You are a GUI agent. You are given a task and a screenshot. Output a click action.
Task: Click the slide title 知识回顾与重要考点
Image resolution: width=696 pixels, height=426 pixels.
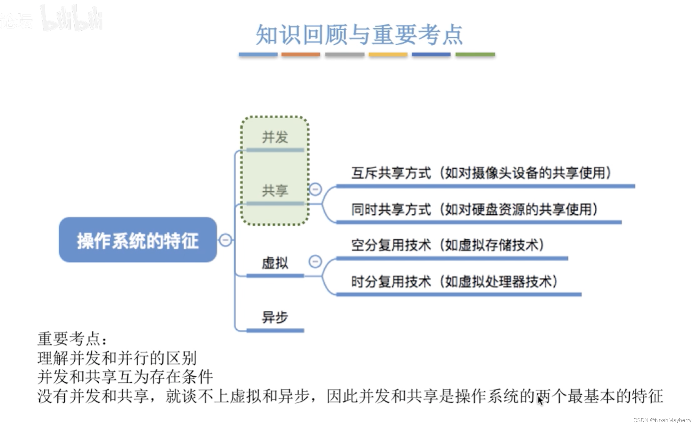(x=359, y=35)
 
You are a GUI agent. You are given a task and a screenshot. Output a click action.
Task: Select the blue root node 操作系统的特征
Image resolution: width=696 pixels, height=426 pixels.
(x=138, y=240)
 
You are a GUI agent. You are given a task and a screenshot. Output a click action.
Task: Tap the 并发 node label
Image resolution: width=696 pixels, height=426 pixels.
(x=275, y=137)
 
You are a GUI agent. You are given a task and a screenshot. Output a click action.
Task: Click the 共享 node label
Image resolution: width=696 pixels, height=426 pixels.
(x=275, y=190)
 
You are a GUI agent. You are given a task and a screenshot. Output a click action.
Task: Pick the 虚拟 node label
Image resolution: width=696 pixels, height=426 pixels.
(x=275, y=263)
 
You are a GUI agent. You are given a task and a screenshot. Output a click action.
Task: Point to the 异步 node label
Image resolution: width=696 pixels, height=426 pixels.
(x=275, y=317)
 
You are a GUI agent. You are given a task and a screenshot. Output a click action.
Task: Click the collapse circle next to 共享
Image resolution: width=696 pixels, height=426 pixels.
(x=315, y=189)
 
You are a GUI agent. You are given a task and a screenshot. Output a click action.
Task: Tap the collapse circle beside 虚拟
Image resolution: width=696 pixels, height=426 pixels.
(x=315, y=262)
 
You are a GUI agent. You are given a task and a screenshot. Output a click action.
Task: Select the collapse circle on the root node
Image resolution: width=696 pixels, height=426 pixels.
(x=225, y=240)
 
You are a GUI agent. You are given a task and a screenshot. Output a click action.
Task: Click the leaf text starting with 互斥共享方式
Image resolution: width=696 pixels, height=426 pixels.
(x=481, y=173)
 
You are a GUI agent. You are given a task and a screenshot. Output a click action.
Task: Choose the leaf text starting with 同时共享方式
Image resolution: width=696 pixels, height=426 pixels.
(x=474, y=209)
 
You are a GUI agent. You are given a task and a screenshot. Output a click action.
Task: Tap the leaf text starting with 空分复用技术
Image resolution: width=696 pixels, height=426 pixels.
(x=448, y=245)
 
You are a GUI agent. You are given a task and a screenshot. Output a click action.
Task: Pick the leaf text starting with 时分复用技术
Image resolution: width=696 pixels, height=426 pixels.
(x=454, y=282)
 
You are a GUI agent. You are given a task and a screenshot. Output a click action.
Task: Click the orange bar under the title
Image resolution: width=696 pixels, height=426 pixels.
(x=301, y=55)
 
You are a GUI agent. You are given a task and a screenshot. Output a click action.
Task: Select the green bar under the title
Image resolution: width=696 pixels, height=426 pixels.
(x=475, y=55)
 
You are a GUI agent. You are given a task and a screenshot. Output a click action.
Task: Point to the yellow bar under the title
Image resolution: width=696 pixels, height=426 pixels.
(x=388, y=55)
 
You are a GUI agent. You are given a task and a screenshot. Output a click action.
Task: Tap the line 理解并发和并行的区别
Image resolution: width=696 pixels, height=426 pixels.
(x=117, y=358)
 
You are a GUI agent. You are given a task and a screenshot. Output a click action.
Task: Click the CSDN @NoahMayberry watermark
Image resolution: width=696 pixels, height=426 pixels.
(x=662, y=420)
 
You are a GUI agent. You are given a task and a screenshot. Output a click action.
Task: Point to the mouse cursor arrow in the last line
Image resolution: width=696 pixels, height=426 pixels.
(x=540, y=401)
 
